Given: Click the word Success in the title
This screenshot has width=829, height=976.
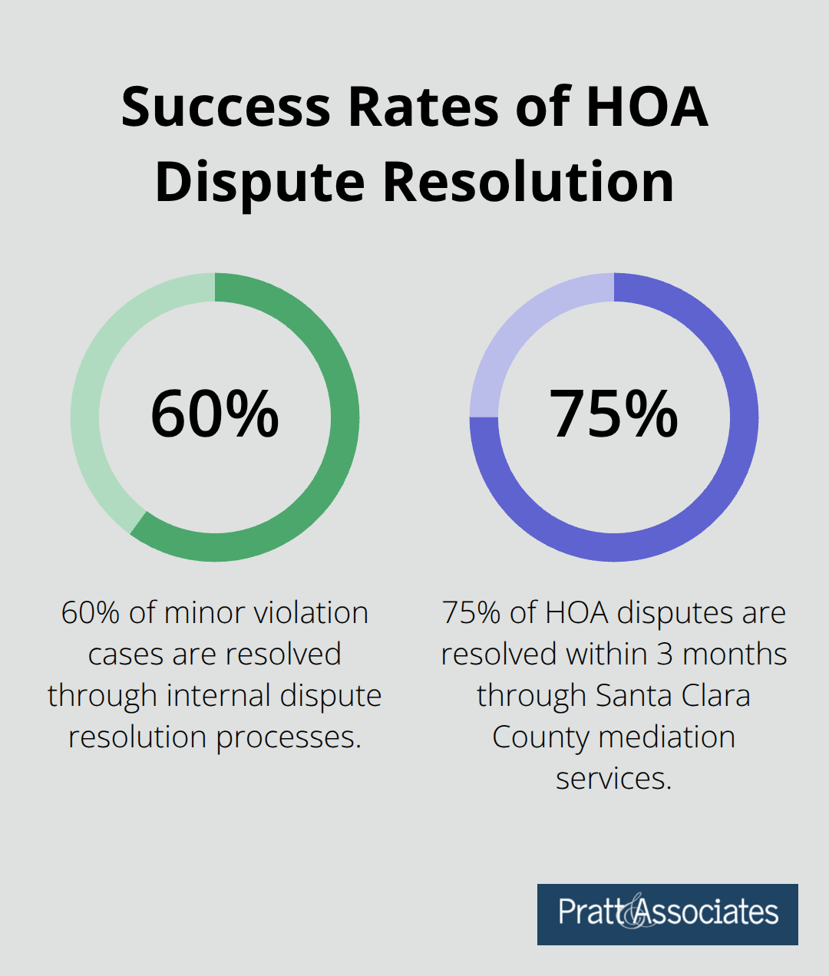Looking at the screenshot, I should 226,107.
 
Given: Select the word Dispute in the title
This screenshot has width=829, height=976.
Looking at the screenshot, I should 259,183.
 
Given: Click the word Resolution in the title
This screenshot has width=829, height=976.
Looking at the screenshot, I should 528,183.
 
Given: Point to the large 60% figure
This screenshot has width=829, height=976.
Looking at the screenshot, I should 215,415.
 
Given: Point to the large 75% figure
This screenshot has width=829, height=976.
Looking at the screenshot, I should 614,415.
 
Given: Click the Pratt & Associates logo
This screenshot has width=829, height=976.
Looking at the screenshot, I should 667,914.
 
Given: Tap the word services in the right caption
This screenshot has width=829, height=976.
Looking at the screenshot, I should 613,779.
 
